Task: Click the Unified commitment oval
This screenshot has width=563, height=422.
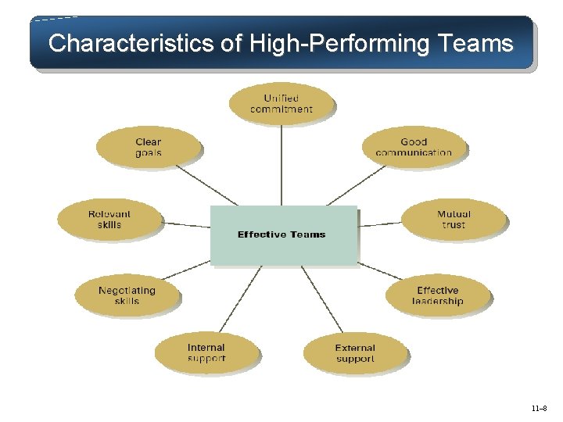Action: (281, 104)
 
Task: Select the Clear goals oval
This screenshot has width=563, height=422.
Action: (148, 147)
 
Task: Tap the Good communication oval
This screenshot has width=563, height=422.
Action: (414, 147)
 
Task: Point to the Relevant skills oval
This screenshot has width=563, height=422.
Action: (109, 219)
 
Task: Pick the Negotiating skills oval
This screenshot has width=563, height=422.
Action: (127, 295)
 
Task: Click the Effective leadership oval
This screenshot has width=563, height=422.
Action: (438, 295)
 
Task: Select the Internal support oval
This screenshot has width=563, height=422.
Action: (206, 352)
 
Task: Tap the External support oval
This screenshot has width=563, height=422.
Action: (355, 352)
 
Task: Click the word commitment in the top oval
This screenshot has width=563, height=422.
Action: (281, 109)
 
